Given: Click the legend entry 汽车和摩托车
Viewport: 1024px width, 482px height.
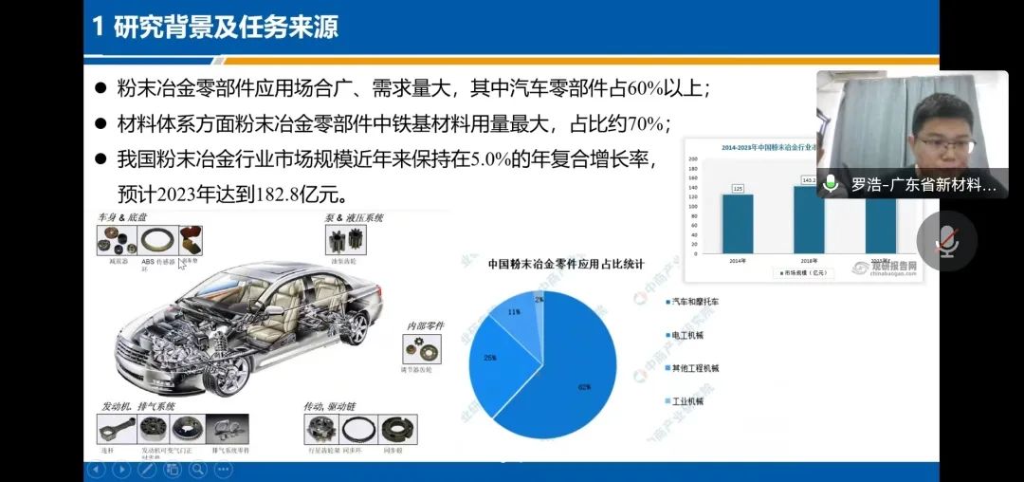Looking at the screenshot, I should click(694, 302).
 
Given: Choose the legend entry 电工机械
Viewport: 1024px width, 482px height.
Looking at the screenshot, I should click(686, 335).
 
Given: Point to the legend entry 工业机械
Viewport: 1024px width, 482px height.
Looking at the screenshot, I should click(686, 401).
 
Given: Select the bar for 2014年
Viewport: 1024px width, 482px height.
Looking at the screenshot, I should click(737, 222).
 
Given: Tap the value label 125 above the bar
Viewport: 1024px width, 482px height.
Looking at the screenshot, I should click(737, 188).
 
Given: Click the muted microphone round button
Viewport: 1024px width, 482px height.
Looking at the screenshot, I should click(945, 241).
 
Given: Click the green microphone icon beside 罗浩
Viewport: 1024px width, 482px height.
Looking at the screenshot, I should click(832, 183).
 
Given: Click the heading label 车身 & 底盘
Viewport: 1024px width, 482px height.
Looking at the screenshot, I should click(124, 217).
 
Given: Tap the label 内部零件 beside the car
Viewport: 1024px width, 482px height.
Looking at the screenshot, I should click(426, 326).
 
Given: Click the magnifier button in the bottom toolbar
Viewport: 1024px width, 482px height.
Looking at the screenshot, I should click(197, 469).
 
